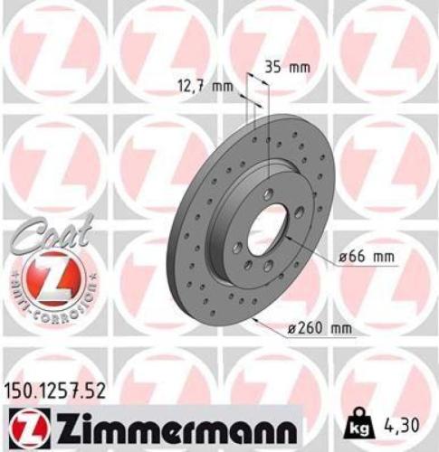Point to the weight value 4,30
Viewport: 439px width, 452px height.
coord(404,421)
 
